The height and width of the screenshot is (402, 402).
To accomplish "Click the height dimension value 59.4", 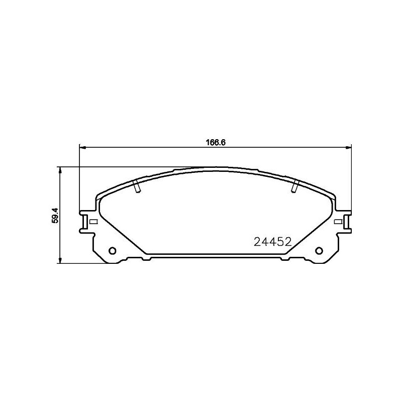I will click(x=56, y=215).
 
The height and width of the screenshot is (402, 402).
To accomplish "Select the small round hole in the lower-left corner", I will click(x=112, y=251).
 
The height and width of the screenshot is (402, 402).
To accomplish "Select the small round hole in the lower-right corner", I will click(x=319, y=251).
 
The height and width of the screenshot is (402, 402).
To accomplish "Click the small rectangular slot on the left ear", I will click(x=93, y=221).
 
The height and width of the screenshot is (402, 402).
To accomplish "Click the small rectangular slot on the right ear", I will click(x=338, y=221).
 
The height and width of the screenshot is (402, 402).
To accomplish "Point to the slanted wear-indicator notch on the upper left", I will click(x=136, y=186).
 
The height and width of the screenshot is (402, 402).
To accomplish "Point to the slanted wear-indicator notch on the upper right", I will click(x=295, y=186).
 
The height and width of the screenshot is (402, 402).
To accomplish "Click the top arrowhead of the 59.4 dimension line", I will click(x=60, y=170).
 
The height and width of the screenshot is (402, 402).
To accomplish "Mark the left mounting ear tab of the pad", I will click(x=86, y=221).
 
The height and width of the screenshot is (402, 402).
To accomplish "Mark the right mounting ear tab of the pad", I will click(x=345, y=221).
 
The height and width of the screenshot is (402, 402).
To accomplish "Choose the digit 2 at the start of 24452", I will click(x=256, y=242).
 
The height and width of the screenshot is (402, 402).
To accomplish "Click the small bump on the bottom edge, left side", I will click(x=146, y=259).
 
